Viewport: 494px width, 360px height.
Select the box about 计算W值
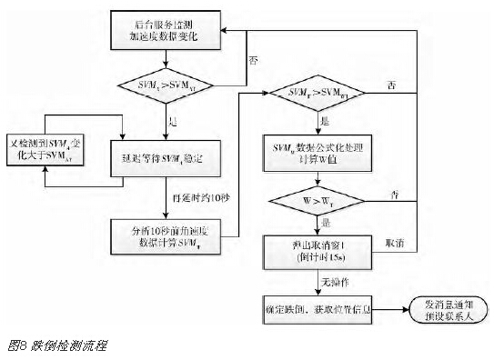click(318, 151)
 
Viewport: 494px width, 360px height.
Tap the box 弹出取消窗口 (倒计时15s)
click(318, 249)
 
